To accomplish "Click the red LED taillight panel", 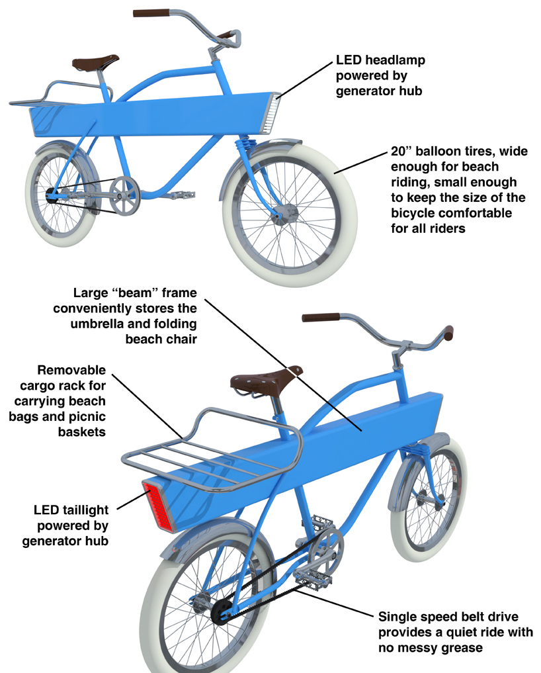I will pyautogui.click(x=157, y=506).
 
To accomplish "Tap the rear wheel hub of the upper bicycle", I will pyautogui.click(x=56, y=193).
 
